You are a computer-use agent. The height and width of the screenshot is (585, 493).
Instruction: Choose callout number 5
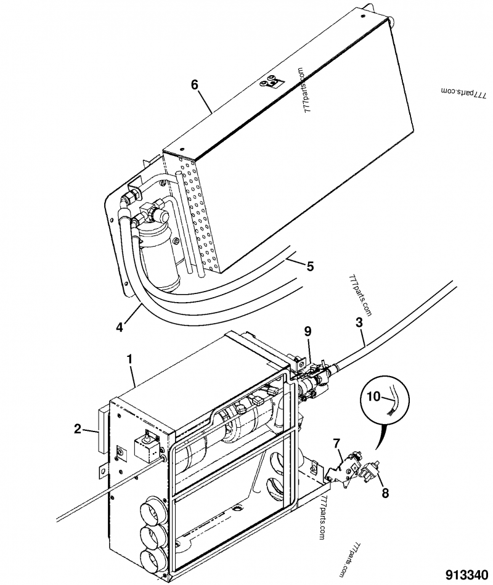coord(310,266)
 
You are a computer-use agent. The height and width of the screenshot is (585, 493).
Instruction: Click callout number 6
coord(195,84)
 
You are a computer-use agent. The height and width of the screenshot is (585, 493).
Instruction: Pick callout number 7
coord(337,442)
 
